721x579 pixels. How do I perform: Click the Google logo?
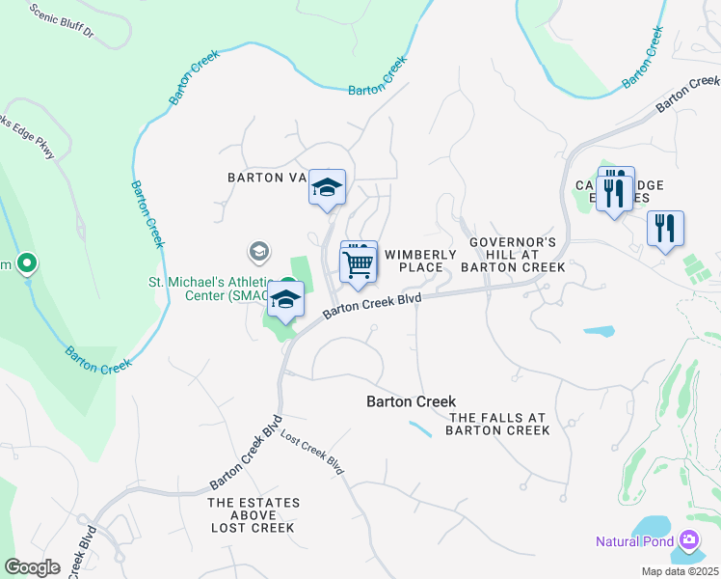click(x=32, y=567)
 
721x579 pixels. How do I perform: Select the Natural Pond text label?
click(x=638, y=540)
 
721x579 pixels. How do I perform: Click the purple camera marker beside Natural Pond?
click(x=689, y=539)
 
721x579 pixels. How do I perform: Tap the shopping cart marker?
click(x=359, y=262)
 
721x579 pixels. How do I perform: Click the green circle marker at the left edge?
click(x=27, y=262)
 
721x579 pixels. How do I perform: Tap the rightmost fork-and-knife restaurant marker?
click(x=665, y=230)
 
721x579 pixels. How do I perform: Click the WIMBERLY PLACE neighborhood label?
click(x=420, y=261)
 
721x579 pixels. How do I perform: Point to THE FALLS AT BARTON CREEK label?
click(x=497, y=425)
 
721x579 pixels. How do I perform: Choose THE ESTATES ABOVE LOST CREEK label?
click(x=254, y=515)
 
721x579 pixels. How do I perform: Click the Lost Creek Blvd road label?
click(x=312, y=449)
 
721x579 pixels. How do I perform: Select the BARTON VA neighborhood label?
click(x=266, y=178)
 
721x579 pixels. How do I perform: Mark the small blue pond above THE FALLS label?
click(x=420, y=428)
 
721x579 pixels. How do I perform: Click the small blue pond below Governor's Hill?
click(x=599, y=331)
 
